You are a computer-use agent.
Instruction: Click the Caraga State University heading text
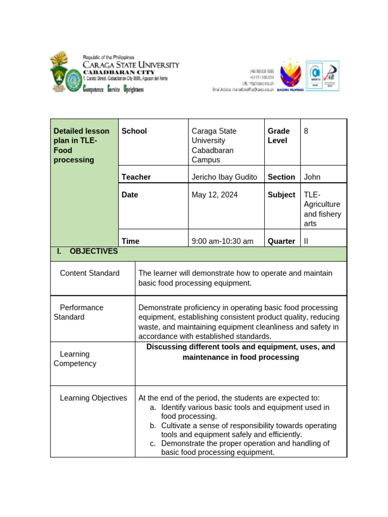(131, 65)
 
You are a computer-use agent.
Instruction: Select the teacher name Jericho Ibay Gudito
(224, 177)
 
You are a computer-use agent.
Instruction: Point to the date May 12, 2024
(215, 194)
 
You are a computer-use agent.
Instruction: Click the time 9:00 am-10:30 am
(222, 241)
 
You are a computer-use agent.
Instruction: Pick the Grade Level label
(278, 136)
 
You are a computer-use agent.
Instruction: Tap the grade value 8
(306, 131)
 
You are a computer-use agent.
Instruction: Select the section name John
(312, 177)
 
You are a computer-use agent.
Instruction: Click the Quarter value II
(306, 241)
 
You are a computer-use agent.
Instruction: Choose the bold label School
(134, 131)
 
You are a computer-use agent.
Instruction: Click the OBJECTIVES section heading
(93, 251)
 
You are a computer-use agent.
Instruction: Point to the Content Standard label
(89, 273)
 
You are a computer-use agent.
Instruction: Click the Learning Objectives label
(93, 398)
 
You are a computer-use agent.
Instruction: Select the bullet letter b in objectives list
(153, 426)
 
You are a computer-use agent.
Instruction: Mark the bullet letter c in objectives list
(153, 443)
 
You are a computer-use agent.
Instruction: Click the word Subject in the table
(281, 194)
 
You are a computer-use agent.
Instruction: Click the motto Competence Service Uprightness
(113, 89)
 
